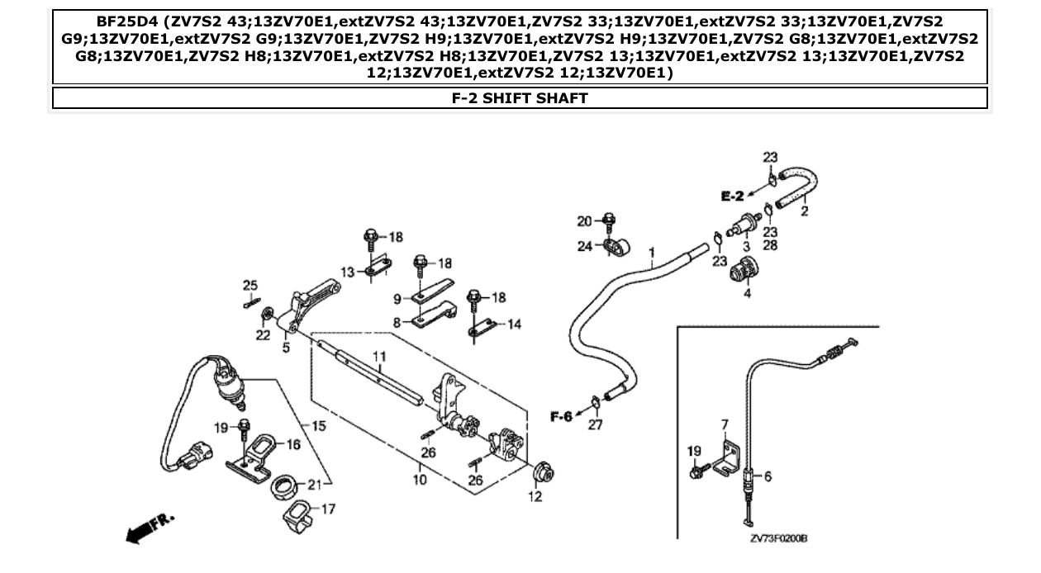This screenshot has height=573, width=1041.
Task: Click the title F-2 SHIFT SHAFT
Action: tap(520, 98)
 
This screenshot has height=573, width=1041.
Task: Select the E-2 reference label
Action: tap(731, 196)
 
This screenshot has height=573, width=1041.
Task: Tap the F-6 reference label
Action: tap(561, 416)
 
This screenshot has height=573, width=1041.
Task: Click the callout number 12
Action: tap(535, 496)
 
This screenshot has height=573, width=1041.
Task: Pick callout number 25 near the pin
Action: tap(250, 285)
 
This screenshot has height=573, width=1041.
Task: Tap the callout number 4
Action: tap(747, 292)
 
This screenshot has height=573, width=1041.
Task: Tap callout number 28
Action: tap(770, 245)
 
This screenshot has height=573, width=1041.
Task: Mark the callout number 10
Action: tap(420, 479)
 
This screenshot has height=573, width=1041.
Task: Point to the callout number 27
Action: tap(595, 425)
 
